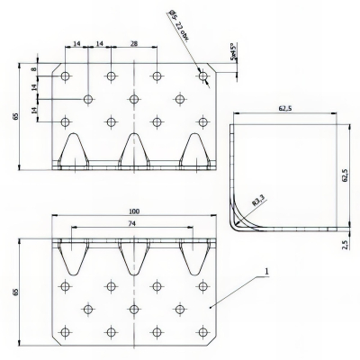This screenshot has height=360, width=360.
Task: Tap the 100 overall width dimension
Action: coord(133,211)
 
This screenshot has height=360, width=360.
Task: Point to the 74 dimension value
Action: coord(133,223)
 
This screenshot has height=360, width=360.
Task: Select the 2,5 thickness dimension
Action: coord(346,243)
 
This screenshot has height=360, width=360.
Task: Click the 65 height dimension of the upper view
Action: coord(15,116)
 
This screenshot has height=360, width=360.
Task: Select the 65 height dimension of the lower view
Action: coord(15,292)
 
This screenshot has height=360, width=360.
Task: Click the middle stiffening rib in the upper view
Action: coord(133,148)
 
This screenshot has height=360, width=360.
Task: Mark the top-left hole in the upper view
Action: coord(65,76)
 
